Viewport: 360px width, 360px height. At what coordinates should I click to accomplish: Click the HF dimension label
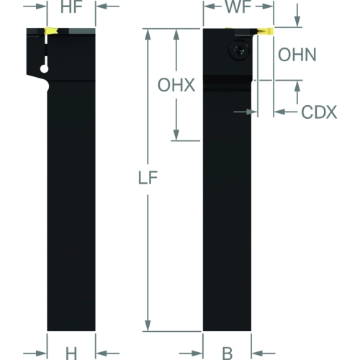point(71,7)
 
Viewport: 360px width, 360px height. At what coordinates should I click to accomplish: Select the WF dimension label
point(238,6)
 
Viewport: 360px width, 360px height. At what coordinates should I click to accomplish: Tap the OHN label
point(297,55)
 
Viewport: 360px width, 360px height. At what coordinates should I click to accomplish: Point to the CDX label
point(319,112)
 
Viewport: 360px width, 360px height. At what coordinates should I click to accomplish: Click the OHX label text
point(176,85)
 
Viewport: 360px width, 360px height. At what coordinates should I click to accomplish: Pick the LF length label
point(148,178)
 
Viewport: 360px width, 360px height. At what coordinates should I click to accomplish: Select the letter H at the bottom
point(71,354)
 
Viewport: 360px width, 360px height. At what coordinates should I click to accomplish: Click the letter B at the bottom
point(227,354)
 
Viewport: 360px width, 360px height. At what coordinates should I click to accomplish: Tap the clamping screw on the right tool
point(239,50)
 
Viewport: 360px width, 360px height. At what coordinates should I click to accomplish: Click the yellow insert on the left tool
point(50,31)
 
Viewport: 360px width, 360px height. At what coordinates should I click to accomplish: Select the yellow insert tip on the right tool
point(266,31)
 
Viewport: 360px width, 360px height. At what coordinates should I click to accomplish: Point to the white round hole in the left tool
point(45,69)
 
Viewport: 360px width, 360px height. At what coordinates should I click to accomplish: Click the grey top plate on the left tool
point(82,31)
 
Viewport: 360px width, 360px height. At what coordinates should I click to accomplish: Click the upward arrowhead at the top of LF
point(148,35)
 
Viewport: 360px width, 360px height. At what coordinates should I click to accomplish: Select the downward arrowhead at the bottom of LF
point(148,325)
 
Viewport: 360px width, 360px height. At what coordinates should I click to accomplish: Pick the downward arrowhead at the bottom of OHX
point(176,135)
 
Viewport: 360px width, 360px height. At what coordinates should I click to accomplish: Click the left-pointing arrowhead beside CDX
point(280,112)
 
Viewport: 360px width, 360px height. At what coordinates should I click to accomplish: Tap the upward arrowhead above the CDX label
point(297,86)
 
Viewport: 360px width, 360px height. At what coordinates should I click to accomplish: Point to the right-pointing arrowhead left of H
point(41,354)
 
